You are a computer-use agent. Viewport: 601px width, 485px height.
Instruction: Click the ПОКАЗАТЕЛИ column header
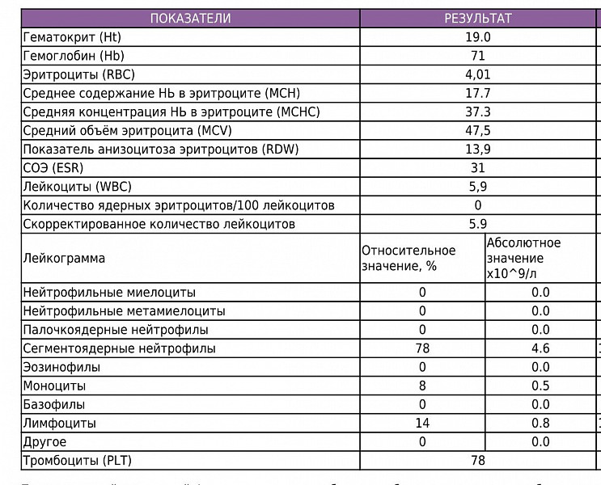coord(190,19)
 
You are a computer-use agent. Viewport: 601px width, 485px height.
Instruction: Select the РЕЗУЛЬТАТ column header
coord(478,19)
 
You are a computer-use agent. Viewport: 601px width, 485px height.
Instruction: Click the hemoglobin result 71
coord(478,56)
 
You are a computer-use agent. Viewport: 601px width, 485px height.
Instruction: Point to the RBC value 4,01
coord(478,74)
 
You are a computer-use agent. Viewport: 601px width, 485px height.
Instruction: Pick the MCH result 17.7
coord(478,93)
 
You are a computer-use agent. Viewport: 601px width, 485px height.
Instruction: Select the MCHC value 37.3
coord(478,112)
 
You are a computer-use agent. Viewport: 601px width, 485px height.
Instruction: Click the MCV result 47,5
coord(478,130)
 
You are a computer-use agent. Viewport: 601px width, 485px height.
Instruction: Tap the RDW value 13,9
coord(478,149)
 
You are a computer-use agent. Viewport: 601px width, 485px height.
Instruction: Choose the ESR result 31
coord(478,168)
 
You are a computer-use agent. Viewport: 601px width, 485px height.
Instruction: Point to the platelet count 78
coord(478,461)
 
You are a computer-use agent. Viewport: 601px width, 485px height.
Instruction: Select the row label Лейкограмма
coord(64,259)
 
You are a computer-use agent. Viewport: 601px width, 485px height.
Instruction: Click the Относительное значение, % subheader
coord(408,259)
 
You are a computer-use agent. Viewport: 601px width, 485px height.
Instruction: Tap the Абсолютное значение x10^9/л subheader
coord(523,259)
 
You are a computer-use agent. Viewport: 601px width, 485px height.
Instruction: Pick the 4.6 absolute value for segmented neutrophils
coord(540,348)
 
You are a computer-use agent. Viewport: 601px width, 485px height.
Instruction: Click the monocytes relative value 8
coord(422,386)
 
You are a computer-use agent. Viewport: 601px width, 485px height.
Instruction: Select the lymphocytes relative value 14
coord(422,423)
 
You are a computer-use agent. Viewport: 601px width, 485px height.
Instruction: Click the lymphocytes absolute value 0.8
coord(540,423)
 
